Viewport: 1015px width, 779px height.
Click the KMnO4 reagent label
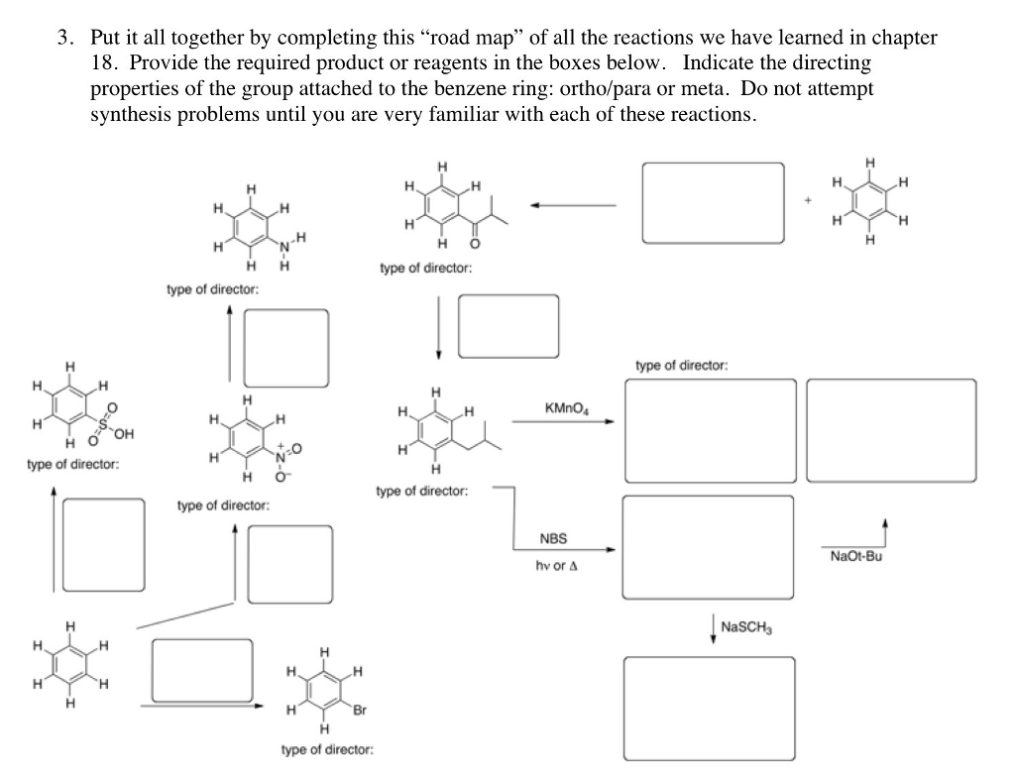point(565,408)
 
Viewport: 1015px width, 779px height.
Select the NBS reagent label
point(553,538)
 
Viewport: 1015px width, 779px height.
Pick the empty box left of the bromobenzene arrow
point(203,670)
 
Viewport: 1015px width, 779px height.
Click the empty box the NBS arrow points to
point(708,548)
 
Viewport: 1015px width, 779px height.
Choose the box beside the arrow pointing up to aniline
point(286,348)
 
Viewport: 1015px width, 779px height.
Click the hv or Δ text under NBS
point(556,566)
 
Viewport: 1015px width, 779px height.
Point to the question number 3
point(63,39)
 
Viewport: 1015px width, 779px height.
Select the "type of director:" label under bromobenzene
point(327,750)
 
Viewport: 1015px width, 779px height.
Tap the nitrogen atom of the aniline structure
point(284,245)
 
